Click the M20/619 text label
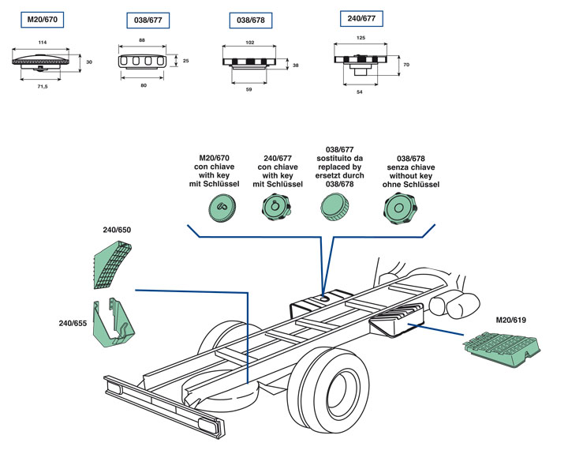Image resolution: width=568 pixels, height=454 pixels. pyautogui.click(x=512, y=320)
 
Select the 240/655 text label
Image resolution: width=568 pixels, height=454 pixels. pyautogui.click(x=73, y=323)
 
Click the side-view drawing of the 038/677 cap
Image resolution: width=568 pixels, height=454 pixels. pyautogui.click(x=144, y=61)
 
